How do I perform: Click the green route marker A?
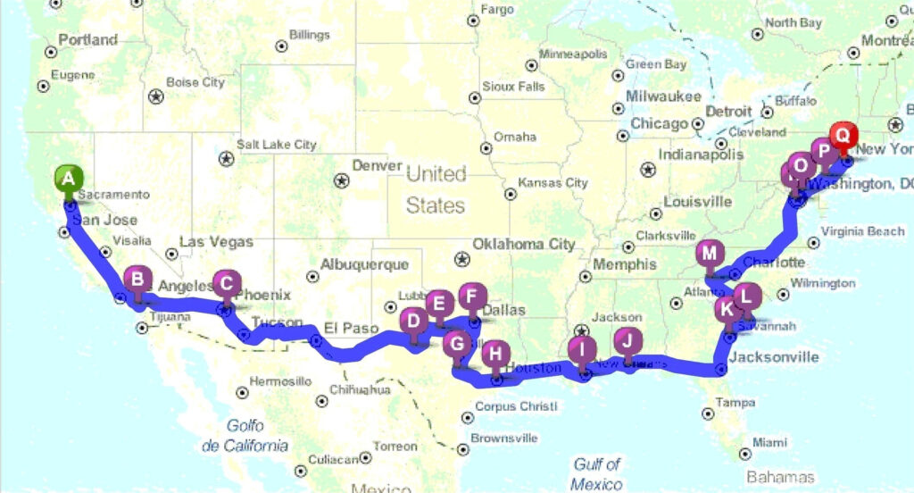pos(68,178)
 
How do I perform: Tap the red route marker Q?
pos(842,138)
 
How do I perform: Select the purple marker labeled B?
pos(137,280)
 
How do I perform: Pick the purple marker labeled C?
pos(227,285)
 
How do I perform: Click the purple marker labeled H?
pos(495,354)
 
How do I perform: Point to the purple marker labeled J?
pos(627,340)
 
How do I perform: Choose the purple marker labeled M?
pos(710,253)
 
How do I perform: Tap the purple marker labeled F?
pos(473,295)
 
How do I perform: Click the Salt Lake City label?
pos(276,145)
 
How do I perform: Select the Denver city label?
pos(378,166)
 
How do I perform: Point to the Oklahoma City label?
pos(523,244)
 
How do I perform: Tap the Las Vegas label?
pos(216,242)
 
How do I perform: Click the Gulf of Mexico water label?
pos(597,473)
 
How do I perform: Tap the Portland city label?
pos(87,40)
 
